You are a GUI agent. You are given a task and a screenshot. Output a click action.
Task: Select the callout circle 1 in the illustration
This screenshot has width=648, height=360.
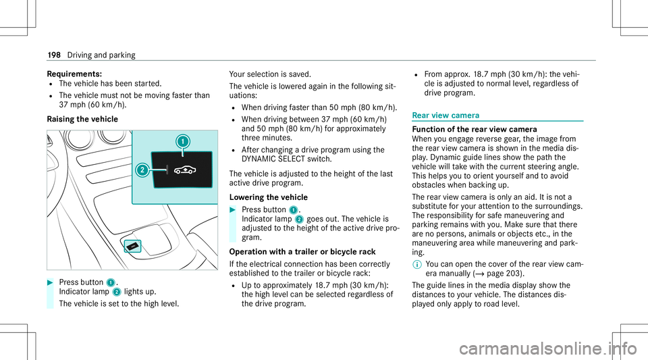click(181, 142)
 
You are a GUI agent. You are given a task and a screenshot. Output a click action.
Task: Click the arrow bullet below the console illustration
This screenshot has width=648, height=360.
click(51, 281)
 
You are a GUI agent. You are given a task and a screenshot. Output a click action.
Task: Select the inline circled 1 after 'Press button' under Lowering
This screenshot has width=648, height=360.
click(294, 209)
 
